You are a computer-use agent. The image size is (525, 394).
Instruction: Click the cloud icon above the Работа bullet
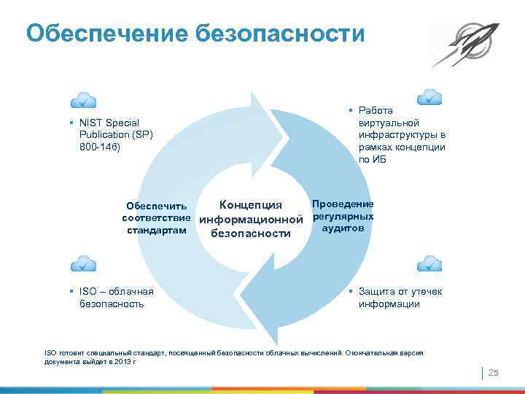429,96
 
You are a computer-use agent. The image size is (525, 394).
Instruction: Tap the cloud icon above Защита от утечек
429,263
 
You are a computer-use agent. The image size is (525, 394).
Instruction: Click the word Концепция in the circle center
250,204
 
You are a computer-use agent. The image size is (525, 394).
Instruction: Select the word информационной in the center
251,219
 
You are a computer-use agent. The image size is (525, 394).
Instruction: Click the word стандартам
157,231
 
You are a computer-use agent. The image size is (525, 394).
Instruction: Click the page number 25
492,373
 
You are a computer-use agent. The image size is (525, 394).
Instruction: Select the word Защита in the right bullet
374,292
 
